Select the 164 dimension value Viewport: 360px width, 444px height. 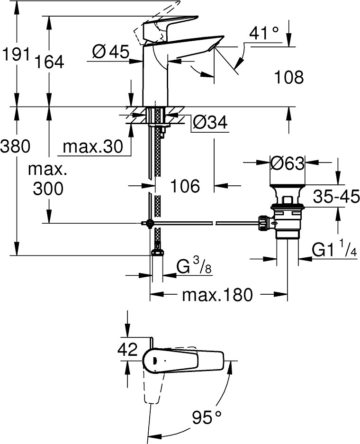pos(50,62)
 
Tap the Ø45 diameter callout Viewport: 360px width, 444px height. pos(111,52)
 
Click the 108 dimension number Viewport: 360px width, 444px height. pos(289,77)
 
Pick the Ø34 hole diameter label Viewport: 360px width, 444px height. pos(210,123)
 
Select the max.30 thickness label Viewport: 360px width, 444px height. pos(93,146)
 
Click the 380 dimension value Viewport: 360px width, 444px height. pos(15,146)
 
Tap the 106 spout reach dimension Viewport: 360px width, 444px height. pos(185,186)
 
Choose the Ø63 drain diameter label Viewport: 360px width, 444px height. pos(287,163)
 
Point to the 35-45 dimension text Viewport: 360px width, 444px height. pos(336,197)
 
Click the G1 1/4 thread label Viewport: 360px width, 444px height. pos(334,249)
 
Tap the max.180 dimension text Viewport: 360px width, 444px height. pos(217,295)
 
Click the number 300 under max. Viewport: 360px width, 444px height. pos(48,188)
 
